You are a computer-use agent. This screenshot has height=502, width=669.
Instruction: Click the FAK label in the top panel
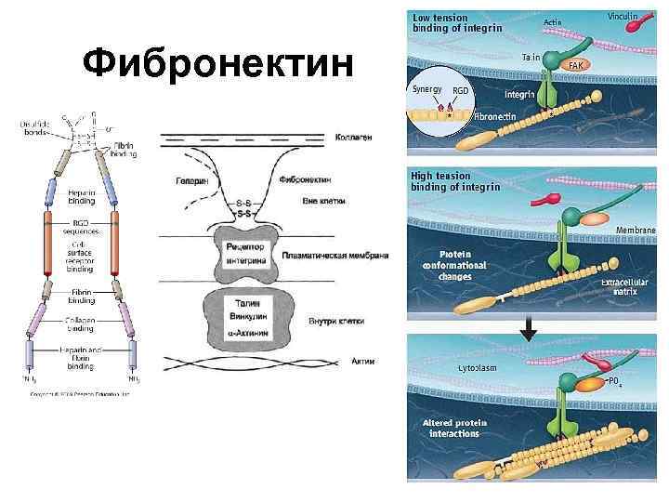[575, 66]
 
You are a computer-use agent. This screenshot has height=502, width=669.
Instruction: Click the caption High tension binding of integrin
[455, 181]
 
